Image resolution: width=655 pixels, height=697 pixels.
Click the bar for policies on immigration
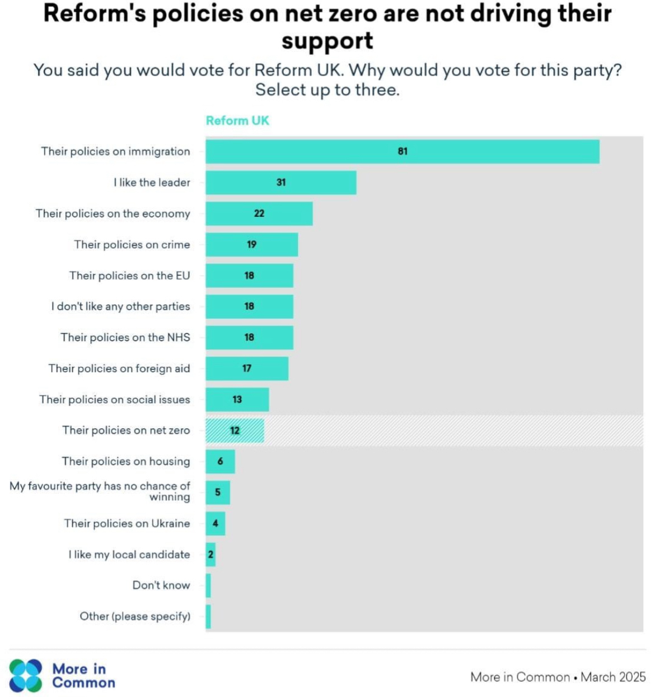coord(402,151)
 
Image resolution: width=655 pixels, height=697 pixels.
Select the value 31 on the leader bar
coord(281,182)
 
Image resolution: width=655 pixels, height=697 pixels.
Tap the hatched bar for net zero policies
coord(235,430)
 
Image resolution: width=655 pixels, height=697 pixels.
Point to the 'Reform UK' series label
coord(237,120)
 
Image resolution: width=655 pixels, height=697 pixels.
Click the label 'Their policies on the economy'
coord(113,213)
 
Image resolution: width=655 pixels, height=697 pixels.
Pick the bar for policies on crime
coord(251,244)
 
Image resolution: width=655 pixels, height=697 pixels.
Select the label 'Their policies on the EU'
coord(130,276)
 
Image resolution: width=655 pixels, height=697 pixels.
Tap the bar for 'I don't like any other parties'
coord(249,306)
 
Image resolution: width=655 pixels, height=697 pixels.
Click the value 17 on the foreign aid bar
coord(247,368)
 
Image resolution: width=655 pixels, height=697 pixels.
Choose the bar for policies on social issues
coord(237,399)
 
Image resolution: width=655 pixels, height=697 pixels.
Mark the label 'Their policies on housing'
coord(126,461)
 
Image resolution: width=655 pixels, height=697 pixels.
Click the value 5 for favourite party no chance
coord(218,492)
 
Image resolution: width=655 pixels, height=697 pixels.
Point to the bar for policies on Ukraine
coord(216,523)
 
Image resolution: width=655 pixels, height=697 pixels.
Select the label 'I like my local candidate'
coord(129,554)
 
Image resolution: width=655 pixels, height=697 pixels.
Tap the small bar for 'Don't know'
coord(208,586)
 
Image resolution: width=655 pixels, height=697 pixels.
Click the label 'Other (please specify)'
coord(135,616)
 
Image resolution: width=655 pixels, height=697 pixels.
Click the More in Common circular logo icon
coord(26,675)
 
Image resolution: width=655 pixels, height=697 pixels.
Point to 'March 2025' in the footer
coord(613,677)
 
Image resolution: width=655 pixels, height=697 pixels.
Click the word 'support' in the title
coord(327,41)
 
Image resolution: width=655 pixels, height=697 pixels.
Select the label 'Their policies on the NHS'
coord(125,337)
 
